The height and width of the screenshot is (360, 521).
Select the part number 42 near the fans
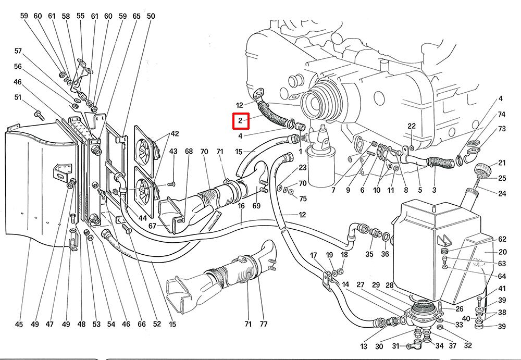coord(174,134)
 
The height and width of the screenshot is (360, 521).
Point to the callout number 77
coord(264,324)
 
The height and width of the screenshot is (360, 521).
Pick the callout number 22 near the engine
coord(412,126)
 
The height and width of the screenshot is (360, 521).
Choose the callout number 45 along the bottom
coord(19,324)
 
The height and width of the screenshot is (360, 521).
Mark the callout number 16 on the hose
coord(241,207)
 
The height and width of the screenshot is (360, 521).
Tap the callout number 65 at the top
coord(137,16)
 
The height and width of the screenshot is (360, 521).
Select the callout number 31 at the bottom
coord(395,346)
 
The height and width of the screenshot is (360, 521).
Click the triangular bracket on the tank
coord(444,240)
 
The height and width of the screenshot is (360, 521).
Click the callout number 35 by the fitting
coord(369,255)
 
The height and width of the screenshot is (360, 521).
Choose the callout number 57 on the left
coord(18,51)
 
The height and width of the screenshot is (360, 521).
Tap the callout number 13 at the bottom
coord(363,346)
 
